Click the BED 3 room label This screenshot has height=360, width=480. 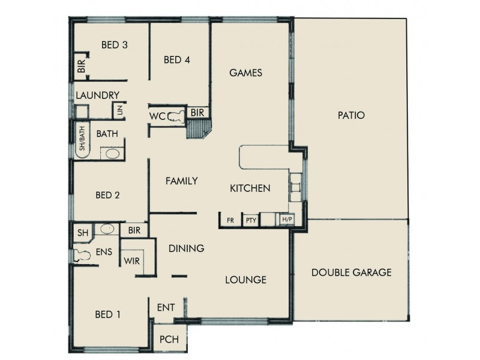coord(115,45)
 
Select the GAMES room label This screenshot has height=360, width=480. coord(247,73)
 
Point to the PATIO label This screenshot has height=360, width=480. coord(352,115)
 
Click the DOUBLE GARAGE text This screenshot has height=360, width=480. coord(352,272)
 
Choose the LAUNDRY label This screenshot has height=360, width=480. coord(98,95)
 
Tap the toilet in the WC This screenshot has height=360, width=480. coord(176,116)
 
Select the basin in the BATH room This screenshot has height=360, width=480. coord(113,153)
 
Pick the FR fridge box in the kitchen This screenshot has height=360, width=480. coord(230,220)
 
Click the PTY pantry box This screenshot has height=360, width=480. coord(250,220)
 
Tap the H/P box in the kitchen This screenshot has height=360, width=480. coord(287,220)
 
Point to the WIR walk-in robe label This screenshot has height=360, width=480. coord(132,262)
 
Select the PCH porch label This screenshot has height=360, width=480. coord(169,340)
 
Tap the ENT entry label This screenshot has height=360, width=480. coord(166,308)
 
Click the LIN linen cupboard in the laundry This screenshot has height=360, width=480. coord(119,110)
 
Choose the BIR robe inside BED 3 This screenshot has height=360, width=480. coord(81,65)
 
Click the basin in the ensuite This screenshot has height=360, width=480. coord(107,229)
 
